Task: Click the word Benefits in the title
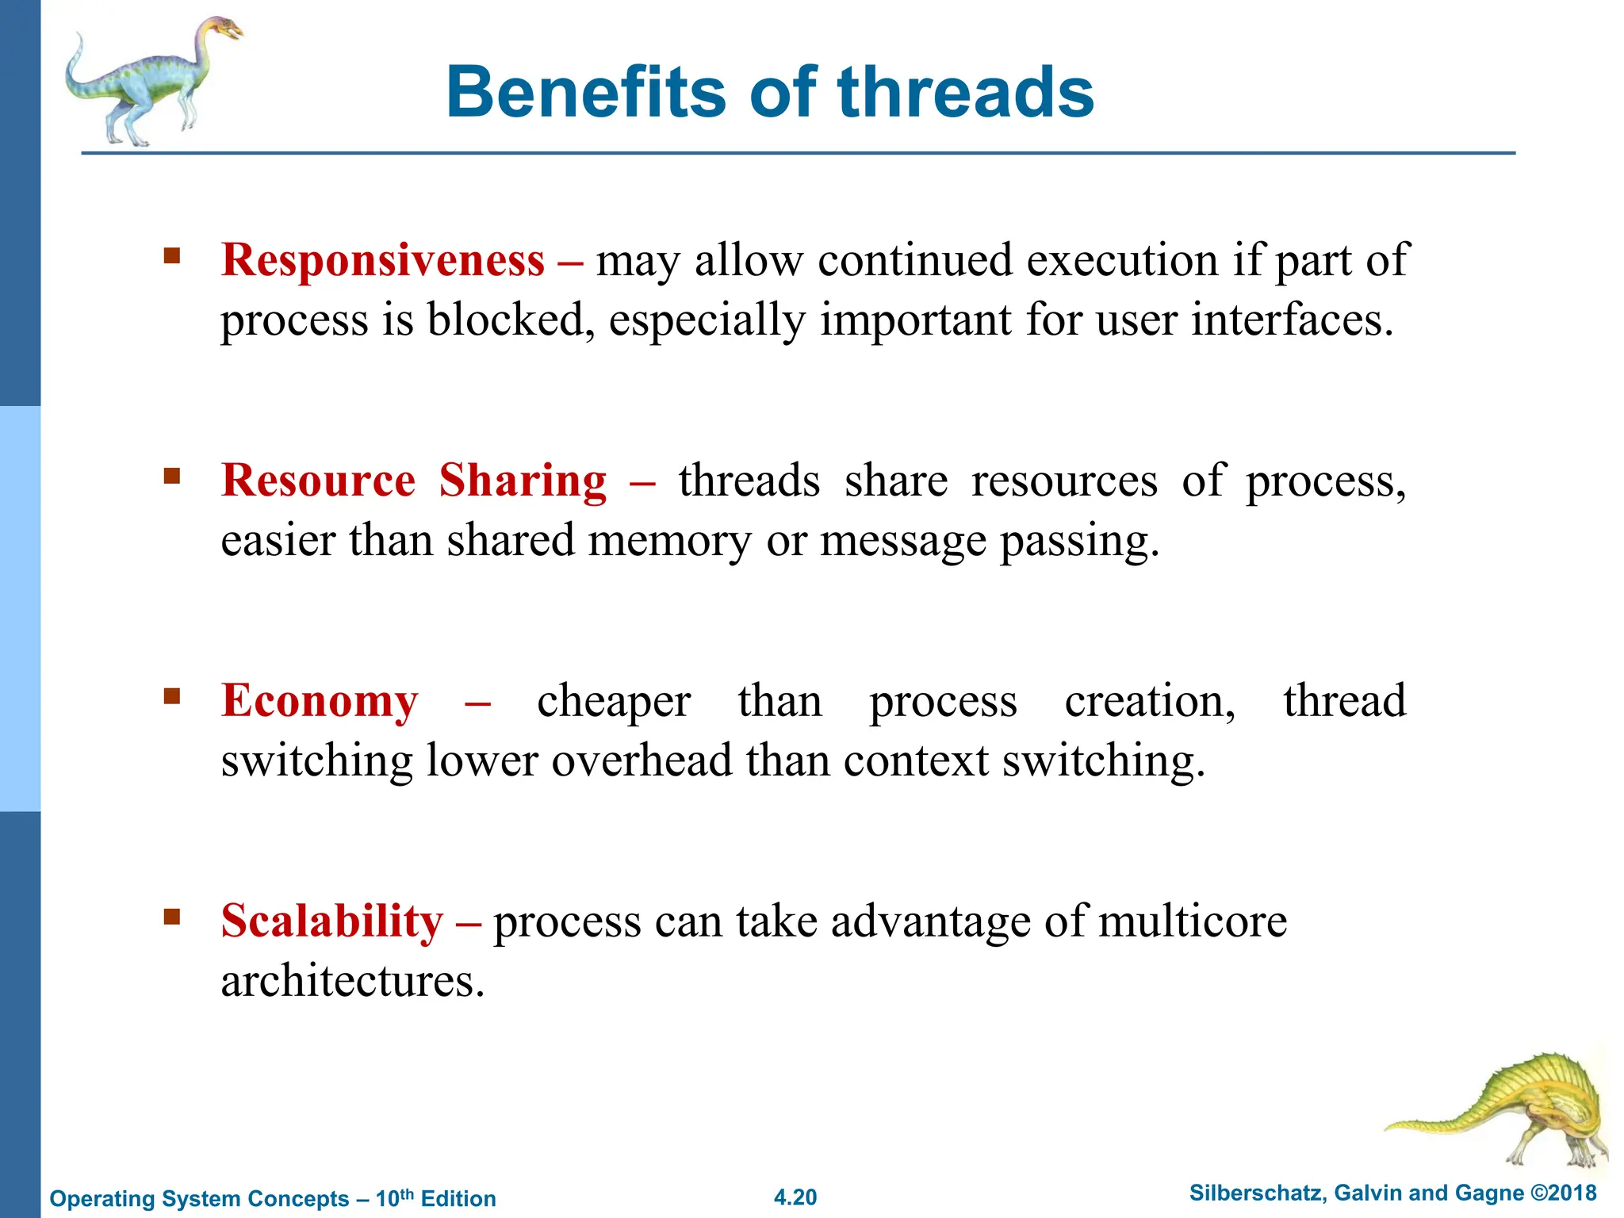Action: click(x=586, y=93)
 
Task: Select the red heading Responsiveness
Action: click(x=383, y=259)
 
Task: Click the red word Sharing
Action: click(x=523, y=480)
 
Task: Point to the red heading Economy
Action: click(x=320, y=700)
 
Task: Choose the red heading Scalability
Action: click(x=332, y=921)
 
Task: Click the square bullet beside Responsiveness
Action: click(x=172, y=256)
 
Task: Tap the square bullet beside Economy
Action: click(x=172, y=696)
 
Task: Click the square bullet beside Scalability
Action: click(x=172, y=917)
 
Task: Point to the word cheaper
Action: click(x=613, y=700)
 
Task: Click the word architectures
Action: click(x=352, y=981)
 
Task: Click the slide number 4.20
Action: click(x=795, y=1197)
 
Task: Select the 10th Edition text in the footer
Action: click(x=435, y=1197)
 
